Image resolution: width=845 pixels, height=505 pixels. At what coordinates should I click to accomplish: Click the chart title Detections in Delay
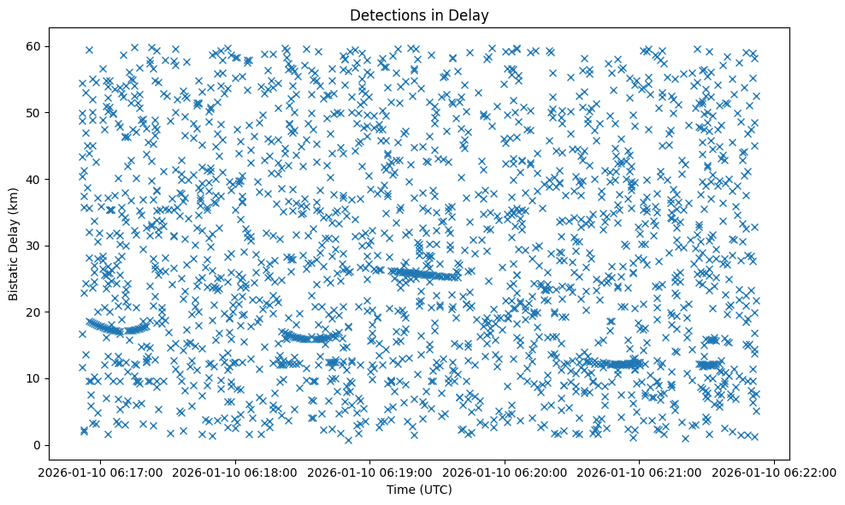click(x=419, y=15)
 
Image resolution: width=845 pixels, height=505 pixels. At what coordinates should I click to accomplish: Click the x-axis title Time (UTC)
click(x=419, y=490)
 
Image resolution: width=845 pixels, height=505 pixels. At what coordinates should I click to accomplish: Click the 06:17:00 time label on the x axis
click(x=100, y=471)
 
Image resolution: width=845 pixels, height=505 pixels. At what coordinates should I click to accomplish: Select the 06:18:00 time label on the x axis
click(x=235, y=471)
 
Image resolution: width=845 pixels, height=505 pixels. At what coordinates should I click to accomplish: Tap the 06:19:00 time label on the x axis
click(x=370, y=471)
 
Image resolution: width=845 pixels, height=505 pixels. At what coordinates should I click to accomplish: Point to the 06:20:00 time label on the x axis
click(x=505, y=471)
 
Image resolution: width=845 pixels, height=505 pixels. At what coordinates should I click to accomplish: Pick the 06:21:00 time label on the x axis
click(x=641, y=471)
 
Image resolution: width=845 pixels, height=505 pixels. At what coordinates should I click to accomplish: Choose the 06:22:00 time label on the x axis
click(x=776, y=471)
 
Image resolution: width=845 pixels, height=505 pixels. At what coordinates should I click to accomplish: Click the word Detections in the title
click(x=391, y=15)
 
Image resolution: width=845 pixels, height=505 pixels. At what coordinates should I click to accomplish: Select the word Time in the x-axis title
click(x=401, y=490)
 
